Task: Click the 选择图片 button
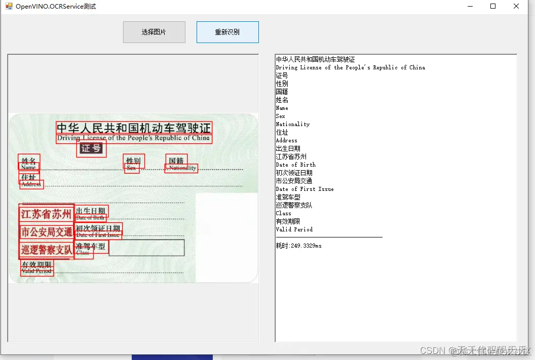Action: click(154, 32)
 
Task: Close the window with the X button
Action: click(516, 7)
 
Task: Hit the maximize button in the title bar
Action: click(493, 7)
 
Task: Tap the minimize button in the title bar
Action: click(470, 7)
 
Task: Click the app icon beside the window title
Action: click(9, 7)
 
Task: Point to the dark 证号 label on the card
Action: click(91, 148)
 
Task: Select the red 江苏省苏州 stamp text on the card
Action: click(46, 214)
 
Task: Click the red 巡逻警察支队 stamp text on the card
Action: click(46, 250)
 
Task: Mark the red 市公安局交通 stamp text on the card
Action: click(46, 232)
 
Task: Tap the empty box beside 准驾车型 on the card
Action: click(146, 248)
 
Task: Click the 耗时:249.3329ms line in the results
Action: click(298, 246)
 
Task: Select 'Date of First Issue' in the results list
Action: click(304, 189)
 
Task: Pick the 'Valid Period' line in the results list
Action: click(294, 229)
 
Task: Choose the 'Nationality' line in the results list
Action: click(292, 124)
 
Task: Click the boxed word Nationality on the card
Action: click(182, 168)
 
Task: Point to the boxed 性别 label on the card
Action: click(134, 161)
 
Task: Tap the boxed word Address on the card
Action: click(31, 184)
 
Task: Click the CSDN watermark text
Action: click(432, 350)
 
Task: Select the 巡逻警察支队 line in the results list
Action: click(294, 205)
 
